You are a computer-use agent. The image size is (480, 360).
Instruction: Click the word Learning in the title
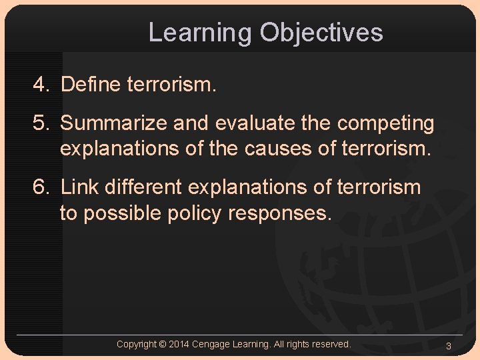[x=201, y=33]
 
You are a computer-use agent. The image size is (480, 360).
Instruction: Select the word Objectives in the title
[x=321, y=33]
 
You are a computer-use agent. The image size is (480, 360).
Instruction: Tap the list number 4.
[x=42, y=85]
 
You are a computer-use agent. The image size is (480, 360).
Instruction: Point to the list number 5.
[x=42, y=123]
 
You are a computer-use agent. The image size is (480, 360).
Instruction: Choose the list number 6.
[x=42, y=187]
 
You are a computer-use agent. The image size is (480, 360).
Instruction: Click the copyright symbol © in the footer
[x=163, y=344]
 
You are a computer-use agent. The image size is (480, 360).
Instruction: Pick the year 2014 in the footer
[x=179, y=344]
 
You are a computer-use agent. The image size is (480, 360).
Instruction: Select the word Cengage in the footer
[x=212, y=344]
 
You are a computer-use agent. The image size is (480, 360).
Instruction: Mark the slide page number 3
[x=449, y=345]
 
